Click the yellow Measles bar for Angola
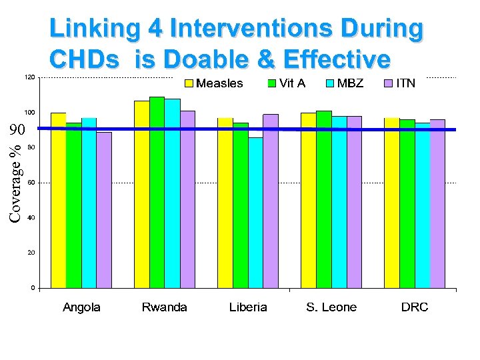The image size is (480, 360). point(59,200)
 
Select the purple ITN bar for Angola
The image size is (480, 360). point(104,210)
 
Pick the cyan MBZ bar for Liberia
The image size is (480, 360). point(256,213)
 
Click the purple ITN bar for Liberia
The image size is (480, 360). point(271,201)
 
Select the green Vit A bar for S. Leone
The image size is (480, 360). point(323,199)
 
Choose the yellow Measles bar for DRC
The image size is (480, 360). point(391,203)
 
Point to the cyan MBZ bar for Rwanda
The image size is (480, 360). point(172,193)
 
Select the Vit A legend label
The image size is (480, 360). point(293,83)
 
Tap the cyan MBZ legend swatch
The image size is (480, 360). point(329,83)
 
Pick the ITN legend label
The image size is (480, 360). point(405,83)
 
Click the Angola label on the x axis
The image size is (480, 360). point(81,307)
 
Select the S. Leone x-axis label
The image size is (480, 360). point(331,307)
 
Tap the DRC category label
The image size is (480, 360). point(414,307)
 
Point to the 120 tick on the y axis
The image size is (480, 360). point(29,78)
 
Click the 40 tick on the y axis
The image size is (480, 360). point(31,218)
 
